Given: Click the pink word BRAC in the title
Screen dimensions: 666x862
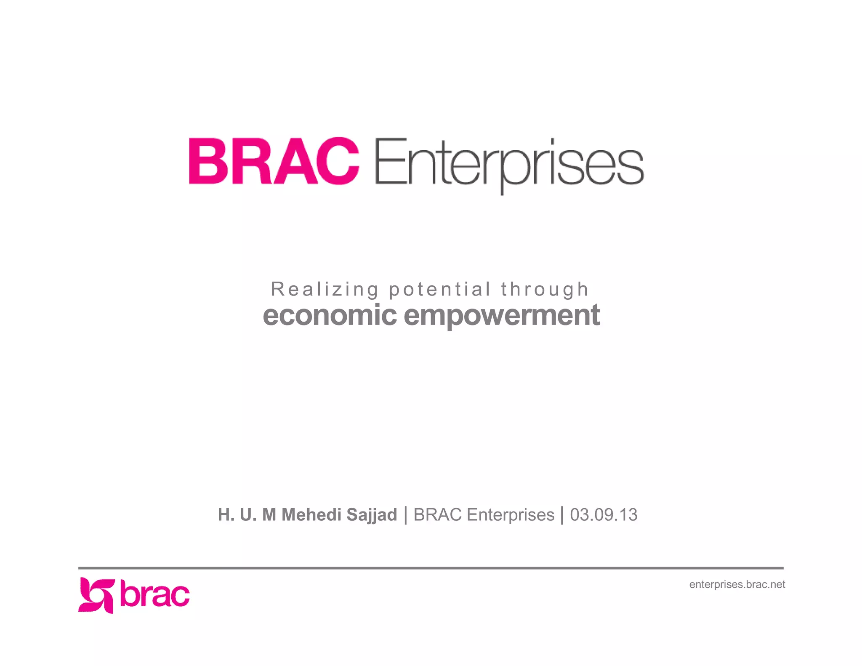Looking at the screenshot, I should (x=274, y=161).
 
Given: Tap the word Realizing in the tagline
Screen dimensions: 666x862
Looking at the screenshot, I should (x=325, y=289).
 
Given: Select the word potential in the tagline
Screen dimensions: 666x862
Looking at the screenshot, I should (x=439, y=290).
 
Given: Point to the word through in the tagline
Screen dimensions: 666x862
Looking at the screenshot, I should (x=545, y=290).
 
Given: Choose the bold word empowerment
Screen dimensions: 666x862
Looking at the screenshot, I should (x=501, y=316).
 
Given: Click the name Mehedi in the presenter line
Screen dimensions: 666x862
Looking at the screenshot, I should (x=311, y=514).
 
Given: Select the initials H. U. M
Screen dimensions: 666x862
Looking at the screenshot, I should (x=247, y=514).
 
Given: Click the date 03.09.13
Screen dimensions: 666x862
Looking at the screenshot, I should (x=603, y=514).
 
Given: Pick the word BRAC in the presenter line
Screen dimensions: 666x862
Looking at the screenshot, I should (x=437, y=514).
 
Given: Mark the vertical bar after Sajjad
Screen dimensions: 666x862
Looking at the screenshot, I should (x=405, y=515).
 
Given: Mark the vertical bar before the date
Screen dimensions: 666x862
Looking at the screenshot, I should (x=562, y=515).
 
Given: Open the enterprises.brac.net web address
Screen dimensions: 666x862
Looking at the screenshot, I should (x=737, y=584).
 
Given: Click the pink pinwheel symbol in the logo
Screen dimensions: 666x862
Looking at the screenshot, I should (x=96, y=595).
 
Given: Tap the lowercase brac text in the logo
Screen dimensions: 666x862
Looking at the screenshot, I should (x=154, y=594).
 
